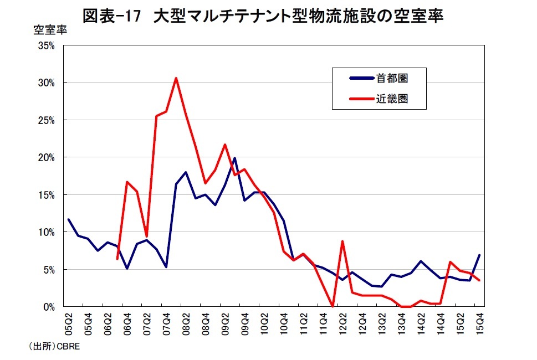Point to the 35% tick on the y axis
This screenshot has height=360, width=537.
[47, 46]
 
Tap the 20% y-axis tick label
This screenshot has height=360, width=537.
[47, 157]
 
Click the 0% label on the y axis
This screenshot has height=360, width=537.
[49, 307]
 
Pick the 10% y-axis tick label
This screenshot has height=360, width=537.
[47, 232]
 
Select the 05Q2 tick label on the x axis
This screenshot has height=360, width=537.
[69, 321]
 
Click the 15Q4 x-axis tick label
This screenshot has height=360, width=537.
[479, 321]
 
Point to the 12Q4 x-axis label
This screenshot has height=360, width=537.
[362, 321]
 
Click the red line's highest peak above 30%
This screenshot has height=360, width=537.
[176, 78]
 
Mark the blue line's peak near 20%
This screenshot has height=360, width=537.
[234, 158]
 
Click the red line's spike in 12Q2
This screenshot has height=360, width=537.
[343, 241]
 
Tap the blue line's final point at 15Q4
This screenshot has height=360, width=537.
[479, 255]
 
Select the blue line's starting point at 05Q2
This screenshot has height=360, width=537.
[69, 219]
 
